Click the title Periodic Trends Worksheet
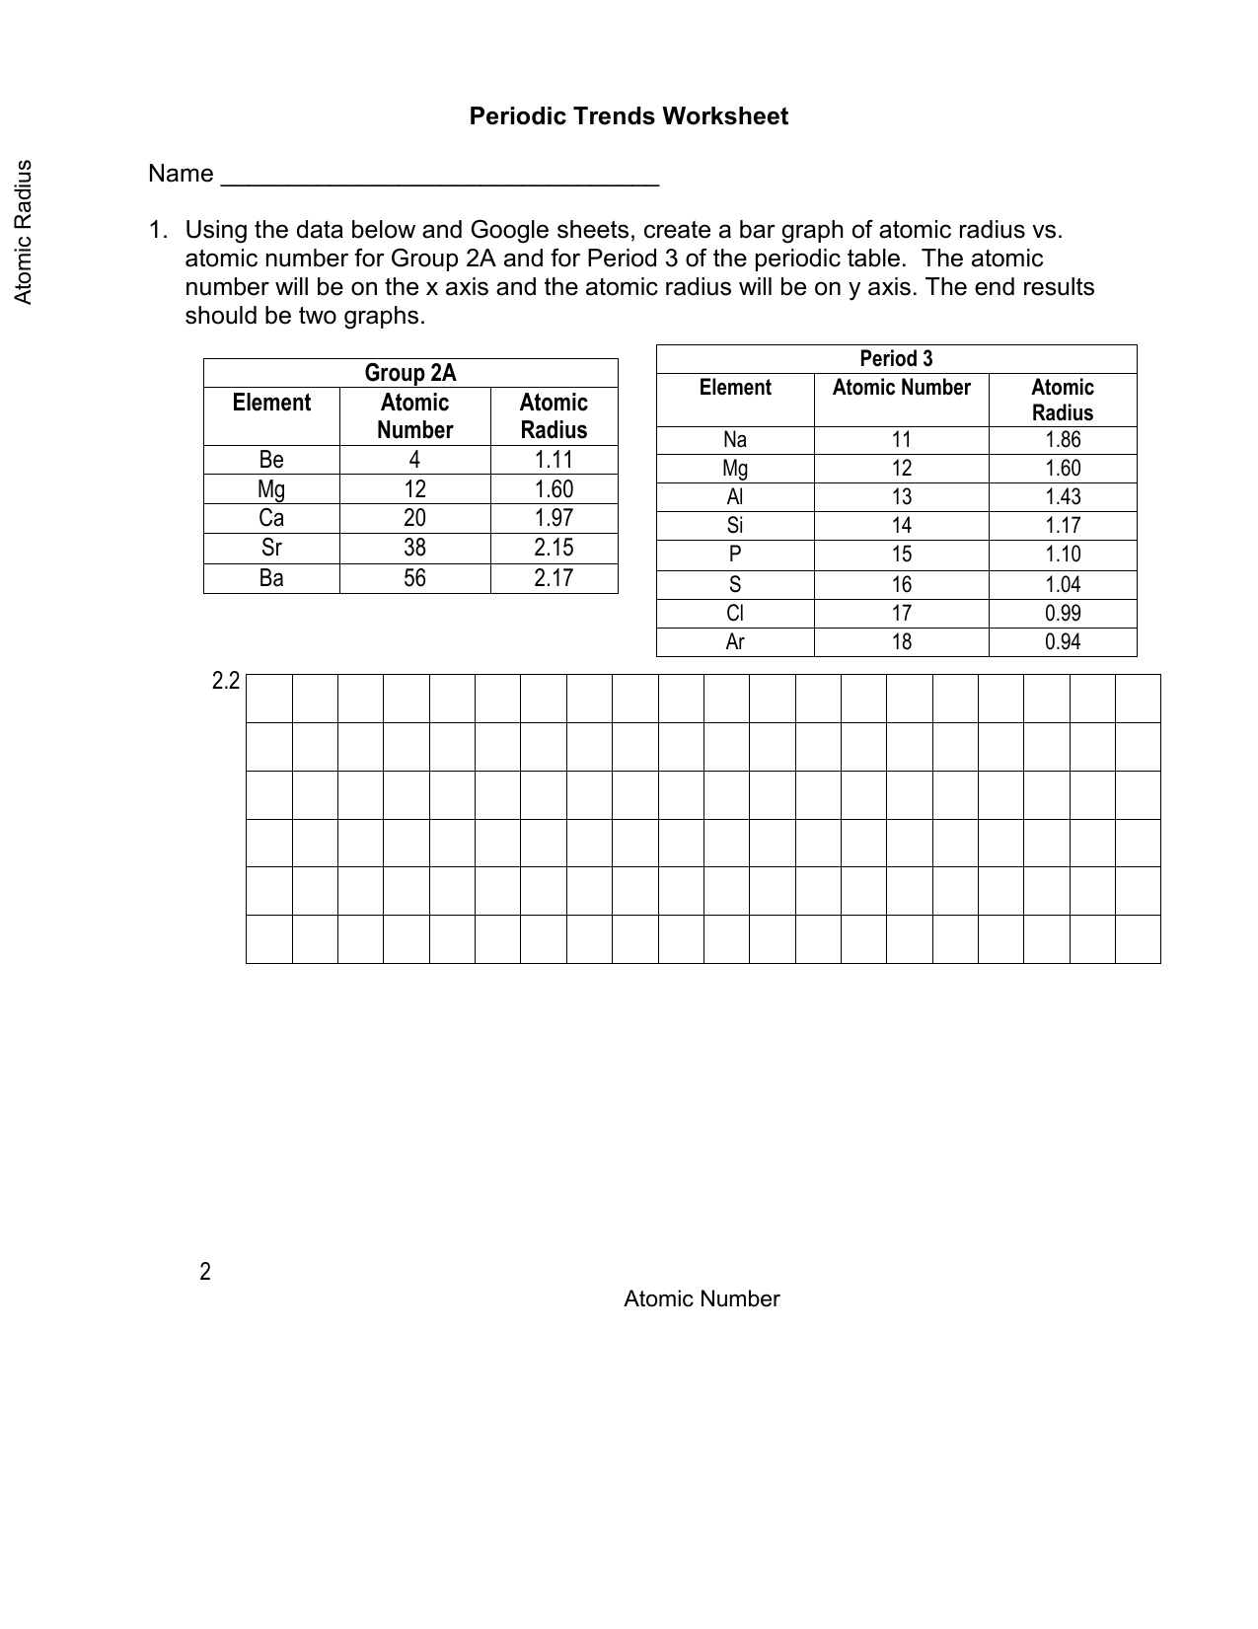tap(629, 116)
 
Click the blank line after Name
tap(440, 178)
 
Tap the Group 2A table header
tap(410, 373)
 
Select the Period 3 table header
tap(896, 359)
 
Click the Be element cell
tap(271, 460)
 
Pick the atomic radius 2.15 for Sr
tap(554, 549)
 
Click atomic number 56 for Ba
tap(414, 578)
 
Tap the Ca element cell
tap(271, 518)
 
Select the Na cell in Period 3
tap(735, 440)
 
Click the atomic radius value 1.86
tap(1063, 440)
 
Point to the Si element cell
tap(735, 526)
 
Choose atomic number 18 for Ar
tap(902, 642)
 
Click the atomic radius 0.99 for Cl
tap(1063, 614)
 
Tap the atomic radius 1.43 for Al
tap(1063, 497)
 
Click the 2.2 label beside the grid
tap(226, 681)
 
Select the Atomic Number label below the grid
tap(702, 1299)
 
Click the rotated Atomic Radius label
tap(24, 232)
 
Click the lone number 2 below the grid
tap(205, 1272)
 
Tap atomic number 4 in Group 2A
tap(414, 460)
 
